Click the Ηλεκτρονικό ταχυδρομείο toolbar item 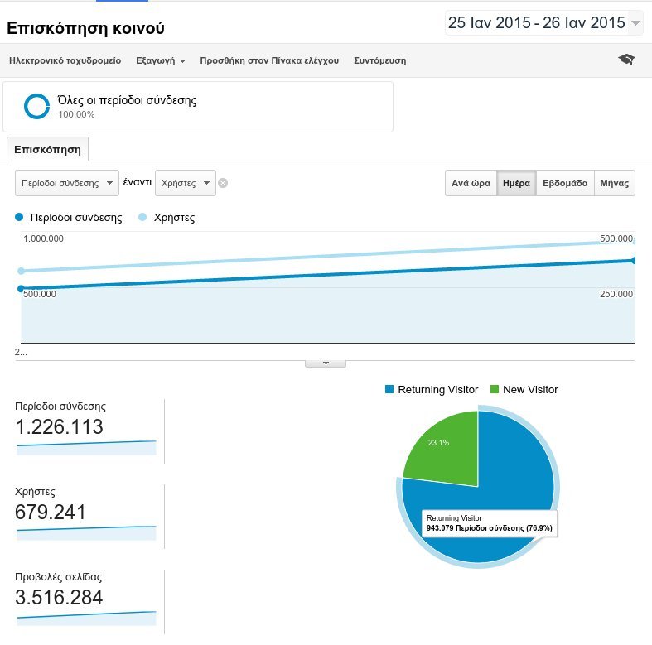point(65,60)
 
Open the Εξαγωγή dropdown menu point(161,60)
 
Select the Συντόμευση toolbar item point(379,60)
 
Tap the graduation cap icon point(626,60)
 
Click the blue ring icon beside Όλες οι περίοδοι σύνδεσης point(36,106)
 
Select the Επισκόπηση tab point(47,150)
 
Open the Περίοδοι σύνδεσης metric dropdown point(67,183)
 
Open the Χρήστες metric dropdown point(185,183)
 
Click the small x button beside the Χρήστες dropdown point(223,183)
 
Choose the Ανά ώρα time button point(471,183)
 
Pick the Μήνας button point(615,183)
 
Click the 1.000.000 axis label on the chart point(43,238)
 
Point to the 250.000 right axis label point(616,294)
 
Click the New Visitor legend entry point(524,389)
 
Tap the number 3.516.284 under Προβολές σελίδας point(59,598)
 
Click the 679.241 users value point(51,513)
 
